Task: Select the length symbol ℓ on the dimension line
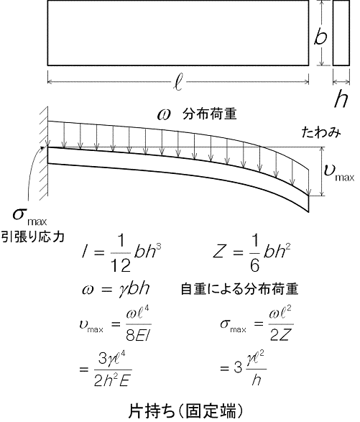[x=178, y=81]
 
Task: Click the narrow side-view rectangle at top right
[x=341, y=32]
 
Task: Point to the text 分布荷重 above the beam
[x=210, y=114]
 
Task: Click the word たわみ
[x=321, y=133]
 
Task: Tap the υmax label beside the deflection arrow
[x=339, y=173]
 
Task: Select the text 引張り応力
[x=33, y=237]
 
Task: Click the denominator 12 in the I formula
[x=121, y=265]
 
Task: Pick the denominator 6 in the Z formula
[x=254, y=265]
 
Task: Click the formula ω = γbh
[x=116, y=290]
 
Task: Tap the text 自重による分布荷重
[x=239, y=289]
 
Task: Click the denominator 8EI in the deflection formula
[x=137, y=335]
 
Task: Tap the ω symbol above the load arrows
[x=164, y=115]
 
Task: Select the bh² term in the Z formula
[x=277, y=252]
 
